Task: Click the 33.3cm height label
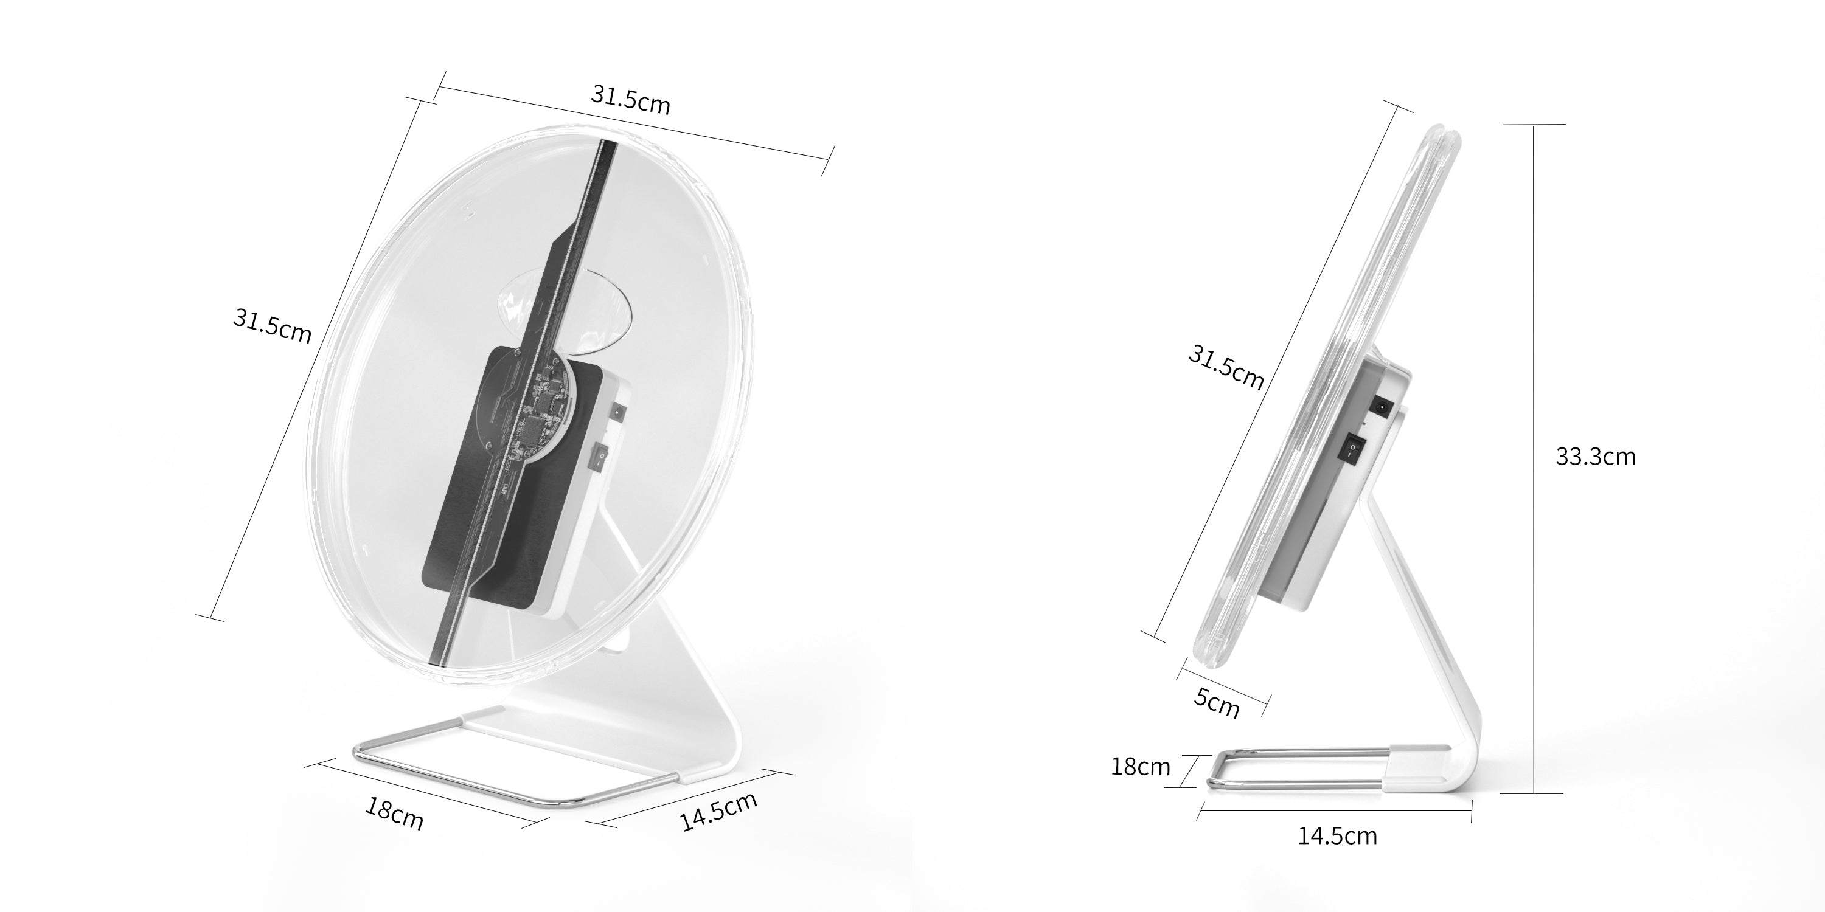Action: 1596,457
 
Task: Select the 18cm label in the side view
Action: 1141,767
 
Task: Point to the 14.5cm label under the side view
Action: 1337,836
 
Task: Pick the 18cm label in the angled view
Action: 394,814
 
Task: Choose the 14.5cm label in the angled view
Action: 718,812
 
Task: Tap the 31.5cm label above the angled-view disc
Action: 630,100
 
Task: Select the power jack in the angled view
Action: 619,412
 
